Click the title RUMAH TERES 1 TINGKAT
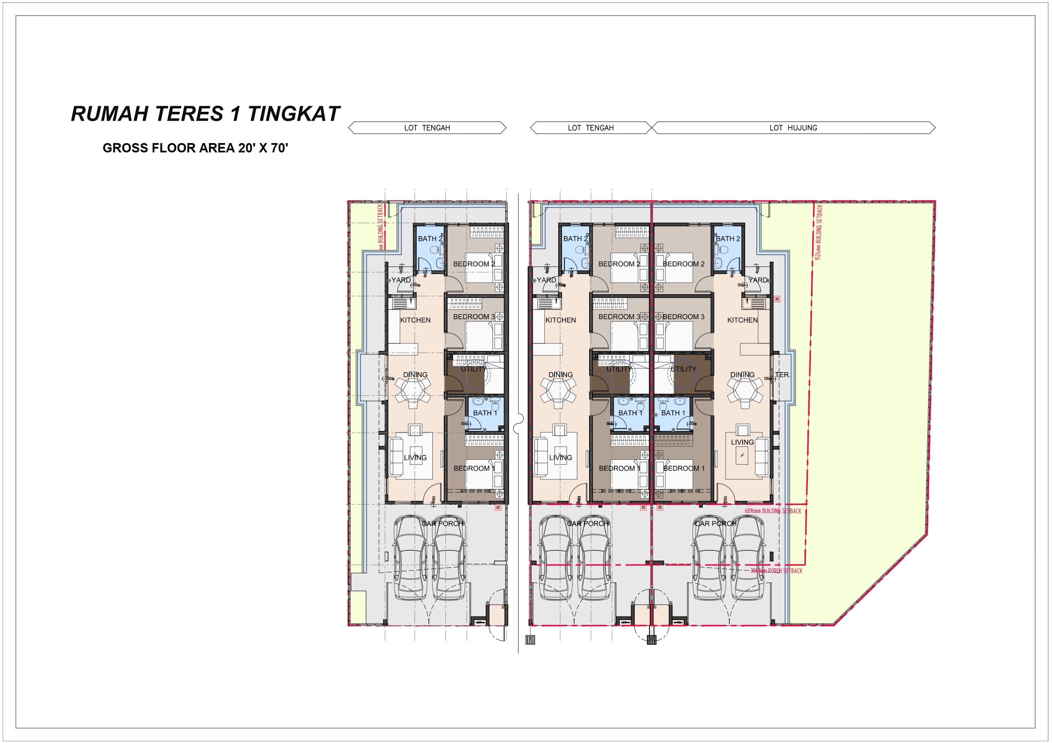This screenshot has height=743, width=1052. coord(205,113)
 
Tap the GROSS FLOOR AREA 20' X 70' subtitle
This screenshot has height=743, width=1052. coord(195,148)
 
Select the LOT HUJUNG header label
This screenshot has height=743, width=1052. coord(793,128)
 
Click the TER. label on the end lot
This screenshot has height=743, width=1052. coord(782,375)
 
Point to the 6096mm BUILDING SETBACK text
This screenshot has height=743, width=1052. coord(773,511)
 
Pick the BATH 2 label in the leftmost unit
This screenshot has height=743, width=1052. coord(430,238)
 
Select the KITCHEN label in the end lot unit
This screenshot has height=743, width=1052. coord(742,320)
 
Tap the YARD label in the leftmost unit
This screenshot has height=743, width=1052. coord(401,280)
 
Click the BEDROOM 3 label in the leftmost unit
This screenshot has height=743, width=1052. coord(474,317)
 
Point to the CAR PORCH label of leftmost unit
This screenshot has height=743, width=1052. coord(442,523)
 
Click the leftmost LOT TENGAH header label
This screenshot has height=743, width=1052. coord(427,128)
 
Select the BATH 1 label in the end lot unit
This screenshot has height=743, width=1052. coord(673,413)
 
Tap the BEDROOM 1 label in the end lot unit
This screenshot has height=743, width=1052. coord(683,468)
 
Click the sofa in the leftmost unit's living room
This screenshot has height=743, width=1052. coord(396,457)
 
